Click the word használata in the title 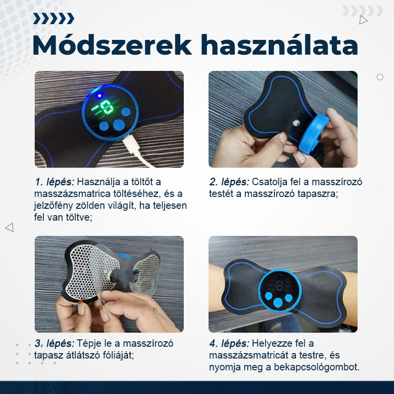point(279,45)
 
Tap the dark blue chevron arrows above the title point(54,19)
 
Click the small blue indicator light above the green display point(99,96)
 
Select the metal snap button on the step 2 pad point(296,123)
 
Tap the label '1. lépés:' point(54,182)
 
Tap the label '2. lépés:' point(229,182)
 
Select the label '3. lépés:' point(54,343)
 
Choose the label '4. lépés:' point(229,343)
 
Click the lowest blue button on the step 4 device point(278,302)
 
